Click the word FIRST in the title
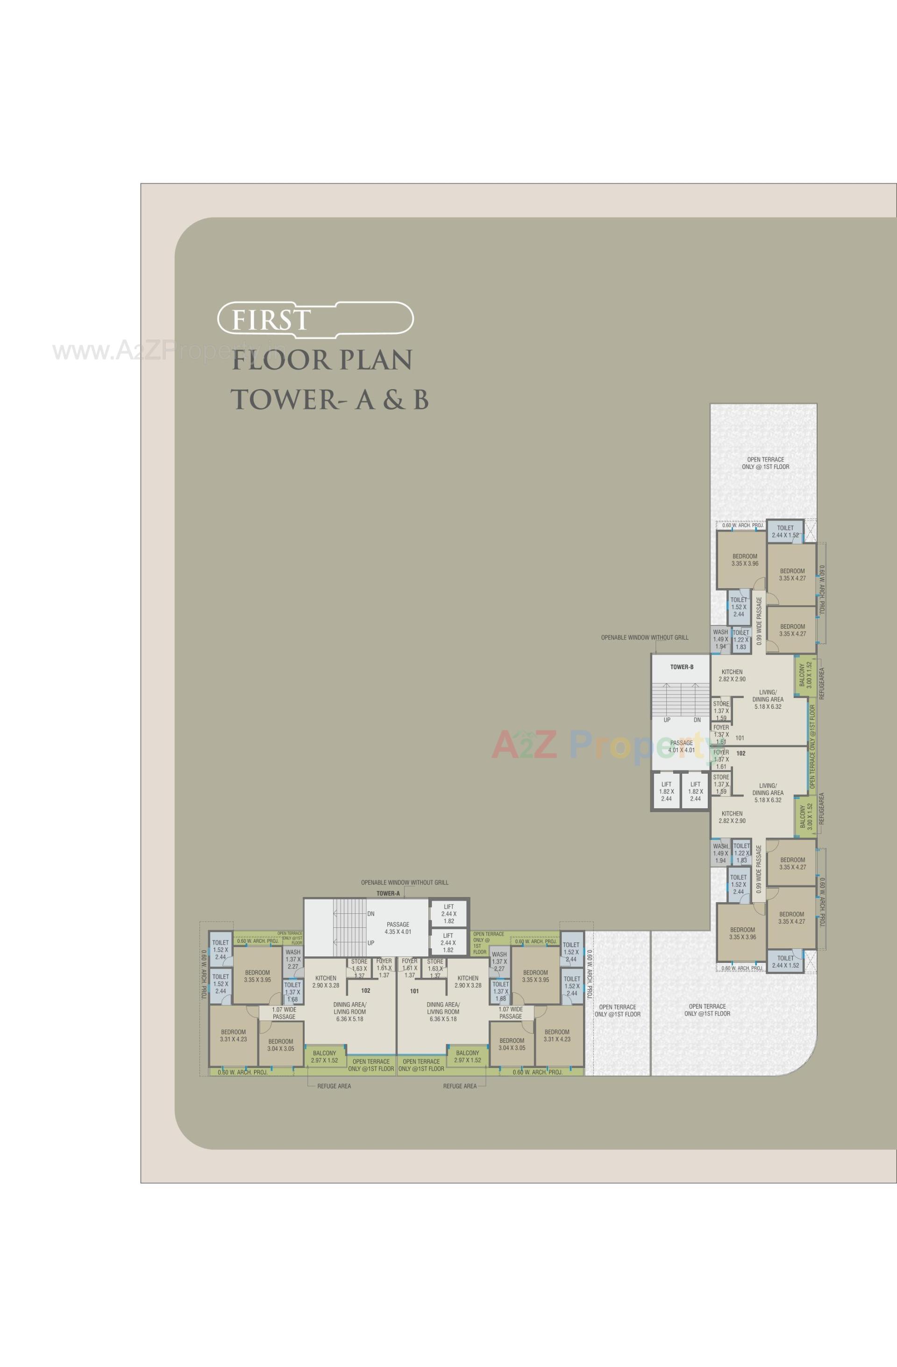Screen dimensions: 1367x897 coord(271,320)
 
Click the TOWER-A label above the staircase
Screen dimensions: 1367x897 coord(388,893)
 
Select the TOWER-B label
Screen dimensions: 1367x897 coord(682,667)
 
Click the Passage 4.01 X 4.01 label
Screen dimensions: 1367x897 coord(682,746)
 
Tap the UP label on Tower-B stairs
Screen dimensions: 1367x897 coord(667,719)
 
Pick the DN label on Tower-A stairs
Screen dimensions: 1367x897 coord(371,913)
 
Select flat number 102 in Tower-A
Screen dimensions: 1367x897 coord(366,991)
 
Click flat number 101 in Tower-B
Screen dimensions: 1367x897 coord(740,738)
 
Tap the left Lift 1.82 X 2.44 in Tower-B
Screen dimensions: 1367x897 coord(666,791)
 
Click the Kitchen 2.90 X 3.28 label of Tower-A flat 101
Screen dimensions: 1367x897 coord(468,982)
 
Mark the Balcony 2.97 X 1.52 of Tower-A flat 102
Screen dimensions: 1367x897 coord(324,1057)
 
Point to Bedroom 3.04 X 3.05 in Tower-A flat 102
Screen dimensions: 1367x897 coord(280,1045)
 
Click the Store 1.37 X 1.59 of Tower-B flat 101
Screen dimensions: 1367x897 coord(721,711)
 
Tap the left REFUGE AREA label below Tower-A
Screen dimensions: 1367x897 coord(334,1086)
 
